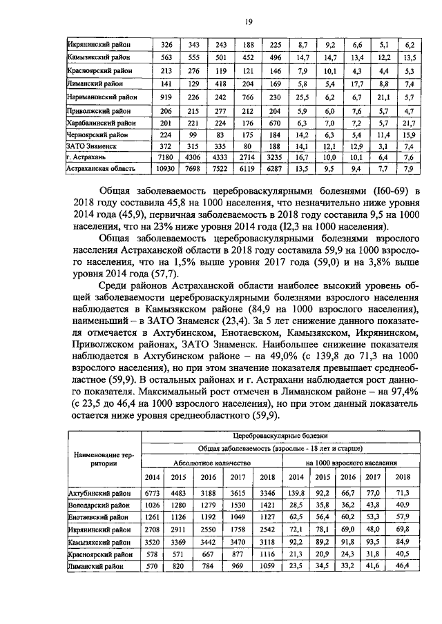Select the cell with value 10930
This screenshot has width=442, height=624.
161,168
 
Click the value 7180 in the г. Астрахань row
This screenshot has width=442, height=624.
161,157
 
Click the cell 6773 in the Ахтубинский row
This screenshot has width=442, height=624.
153,492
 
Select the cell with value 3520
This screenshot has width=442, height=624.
153,542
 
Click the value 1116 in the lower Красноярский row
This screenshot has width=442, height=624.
265,554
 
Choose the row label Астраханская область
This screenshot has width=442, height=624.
95,168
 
